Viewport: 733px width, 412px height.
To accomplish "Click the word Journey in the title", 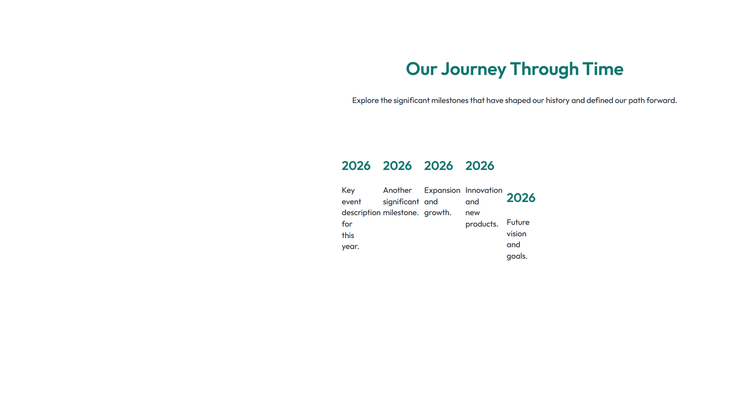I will (473, 69).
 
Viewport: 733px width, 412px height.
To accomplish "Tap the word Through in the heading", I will (544, 69).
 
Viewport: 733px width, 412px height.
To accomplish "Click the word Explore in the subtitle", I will (365, 100).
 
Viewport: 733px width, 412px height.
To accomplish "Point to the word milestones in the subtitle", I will (449, 100).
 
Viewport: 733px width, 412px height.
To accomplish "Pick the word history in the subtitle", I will (557, 100).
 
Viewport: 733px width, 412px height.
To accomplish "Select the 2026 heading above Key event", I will (356, 166).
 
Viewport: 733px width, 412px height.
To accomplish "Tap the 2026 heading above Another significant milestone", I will (397, 166).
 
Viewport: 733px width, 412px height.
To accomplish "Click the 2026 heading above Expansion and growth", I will (438, 166).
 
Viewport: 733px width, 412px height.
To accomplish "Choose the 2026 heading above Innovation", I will (480, 166).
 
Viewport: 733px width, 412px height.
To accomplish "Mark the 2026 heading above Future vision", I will (521, 198).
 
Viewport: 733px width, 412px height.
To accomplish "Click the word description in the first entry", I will (361, 213).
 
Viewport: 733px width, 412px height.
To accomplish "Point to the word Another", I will (397, 190).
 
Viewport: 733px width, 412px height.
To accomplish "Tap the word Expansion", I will (442, 190).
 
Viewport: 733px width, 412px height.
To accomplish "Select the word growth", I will (438, 213).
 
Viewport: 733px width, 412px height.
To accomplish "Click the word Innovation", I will (484, 190).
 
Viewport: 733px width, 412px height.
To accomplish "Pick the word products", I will (481, 224).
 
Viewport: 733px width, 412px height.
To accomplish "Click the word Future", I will (518, 222).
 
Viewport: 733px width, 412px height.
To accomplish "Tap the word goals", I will (517, 256).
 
